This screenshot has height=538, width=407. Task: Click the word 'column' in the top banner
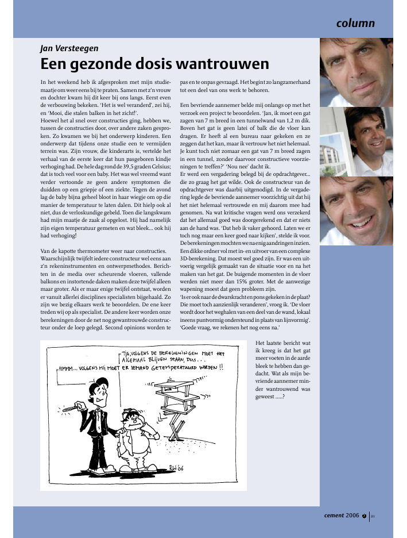pyautogui.click(x=355, y=24)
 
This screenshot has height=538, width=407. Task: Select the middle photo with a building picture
pyautogui.click(x=356, y=141)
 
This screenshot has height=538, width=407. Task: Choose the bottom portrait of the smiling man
pyautogui.click(x=356, y=211)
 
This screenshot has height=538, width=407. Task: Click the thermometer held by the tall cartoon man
pyautogui.click(x=69, y=409)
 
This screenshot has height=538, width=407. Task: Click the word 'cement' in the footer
pyautogui.click(x=334, y=515)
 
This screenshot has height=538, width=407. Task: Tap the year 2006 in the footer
pyautogui.click(x=352, y=515)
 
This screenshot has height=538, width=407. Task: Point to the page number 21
pyautogui.click(x=373, y=516)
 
